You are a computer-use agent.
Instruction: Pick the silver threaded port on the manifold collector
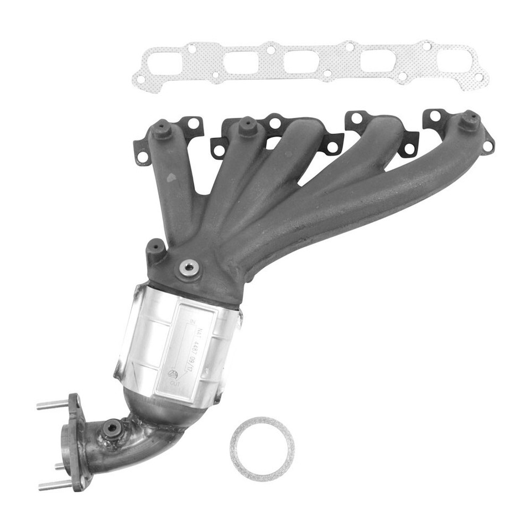[x=189, y=268]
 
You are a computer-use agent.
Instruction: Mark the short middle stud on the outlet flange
[x=60, y=466]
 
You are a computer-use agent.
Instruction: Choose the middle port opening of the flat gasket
[x=301, y=61]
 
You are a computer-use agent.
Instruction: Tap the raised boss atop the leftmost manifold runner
[x=162, y=129]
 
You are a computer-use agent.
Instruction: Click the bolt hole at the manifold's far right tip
[x=487, y=146]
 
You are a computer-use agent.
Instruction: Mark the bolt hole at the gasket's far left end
[x=140, y=79]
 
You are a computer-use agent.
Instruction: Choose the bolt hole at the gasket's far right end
[x=478, y=77]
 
